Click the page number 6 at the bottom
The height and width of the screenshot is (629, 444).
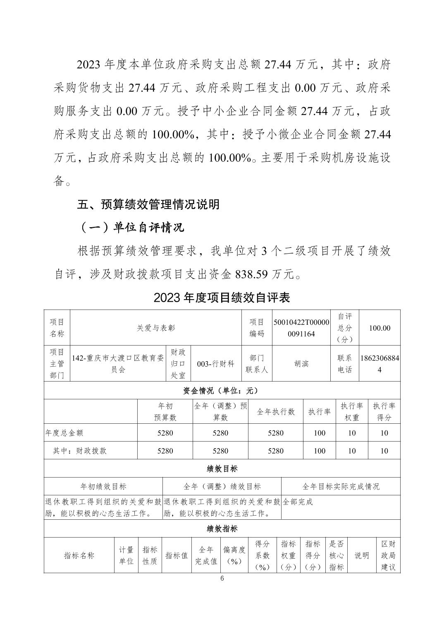point(222,579)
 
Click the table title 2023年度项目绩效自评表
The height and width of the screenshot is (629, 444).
point(222,298)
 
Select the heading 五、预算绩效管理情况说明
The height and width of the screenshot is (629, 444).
point(148,204)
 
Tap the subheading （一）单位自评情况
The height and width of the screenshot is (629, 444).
point(131,228)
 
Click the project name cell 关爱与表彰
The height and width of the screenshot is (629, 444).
point(156,328)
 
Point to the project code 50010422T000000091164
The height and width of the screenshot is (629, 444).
point(301,328)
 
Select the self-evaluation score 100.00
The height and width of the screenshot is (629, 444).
point(379,328)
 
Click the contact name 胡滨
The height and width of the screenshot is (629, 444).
point(301,364)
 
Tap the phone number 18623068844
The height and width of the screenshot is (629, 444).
point(380,364)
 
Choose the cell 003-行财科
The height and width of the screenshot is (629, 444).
point(215,364)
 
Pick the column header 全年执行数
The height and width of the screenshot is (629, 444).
point(275,412)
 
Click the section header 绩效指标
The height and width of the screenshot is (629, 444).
point(222,528)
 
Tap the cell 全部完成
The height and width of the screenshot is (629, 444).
point(298,502)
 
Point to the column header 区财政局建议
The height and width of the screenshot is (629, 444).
point(388,555)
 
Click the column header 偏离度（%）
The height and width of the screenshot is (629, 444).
point(234,555)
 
